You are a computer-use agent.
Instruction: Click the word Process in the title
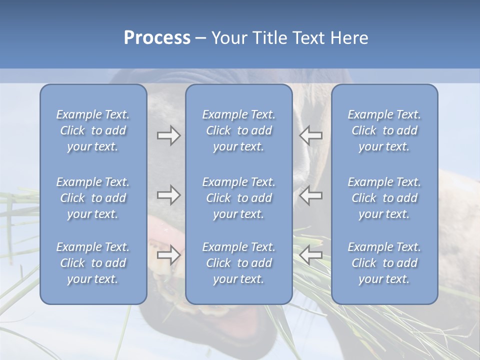coord(157,37)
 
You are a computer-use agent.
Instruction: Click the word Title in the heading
coord(268,37)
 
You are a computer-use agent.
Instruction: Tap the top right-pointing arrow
coord(168,135)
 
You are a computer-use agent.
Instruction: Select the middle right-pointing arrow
coord(168,195)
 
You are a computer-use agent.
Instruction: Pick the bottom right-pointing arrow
coord(168,255)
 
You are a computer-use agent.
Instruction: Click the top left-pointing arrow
coord(311,135)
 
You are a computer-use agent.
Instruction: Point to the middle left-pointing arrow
coord(311,195)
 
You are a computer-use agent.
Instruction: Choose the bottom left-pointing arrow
coord(311,255)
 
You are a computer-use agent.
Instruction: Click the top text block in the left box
coord(93,130)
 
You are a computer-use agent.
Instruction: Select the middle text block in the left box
coord(93,198)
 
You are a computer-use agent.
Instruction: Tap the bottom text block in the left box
coord(93,263)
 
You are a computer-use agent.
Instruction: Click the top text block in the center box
coord(238,130)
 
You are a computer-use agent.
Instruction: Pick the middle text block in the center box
coord(238,198)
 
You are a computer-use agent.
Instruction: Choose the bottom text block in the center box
coord(238,263)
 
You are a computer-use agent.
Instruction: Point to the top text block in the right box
coord(384,130)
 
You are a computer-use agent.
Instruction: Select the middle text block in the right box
coord(384,198)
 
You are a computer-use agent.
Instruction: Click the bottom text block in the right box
coord(384,263)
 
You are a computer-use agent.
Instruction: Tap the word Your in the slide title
coord(227,37)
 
